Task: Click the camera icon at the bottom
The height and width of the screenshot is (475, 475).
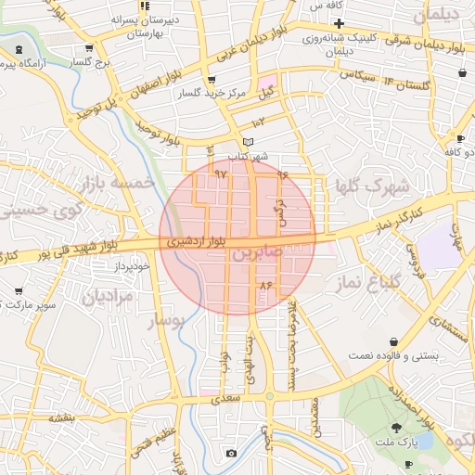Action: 232,454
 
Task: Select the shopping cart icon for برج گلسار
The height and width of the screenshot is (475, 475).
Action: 89,48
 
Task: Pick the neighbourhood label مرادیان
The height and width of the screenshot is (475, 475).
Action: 109,296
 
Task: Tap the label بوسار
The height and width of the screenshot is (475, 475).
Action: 167,320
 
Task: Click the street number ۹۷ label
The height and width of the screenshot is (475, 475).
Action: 221,173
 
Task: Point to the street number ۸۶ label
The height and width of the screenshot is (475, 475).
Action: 268,285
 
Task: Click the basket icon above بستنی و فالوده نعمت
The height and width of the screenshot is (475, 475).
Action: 395,341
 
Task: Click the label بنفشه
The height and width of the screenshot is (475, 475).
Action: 61,418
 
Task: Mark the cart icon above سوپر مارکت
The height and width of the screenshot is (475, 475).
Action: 19,290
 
